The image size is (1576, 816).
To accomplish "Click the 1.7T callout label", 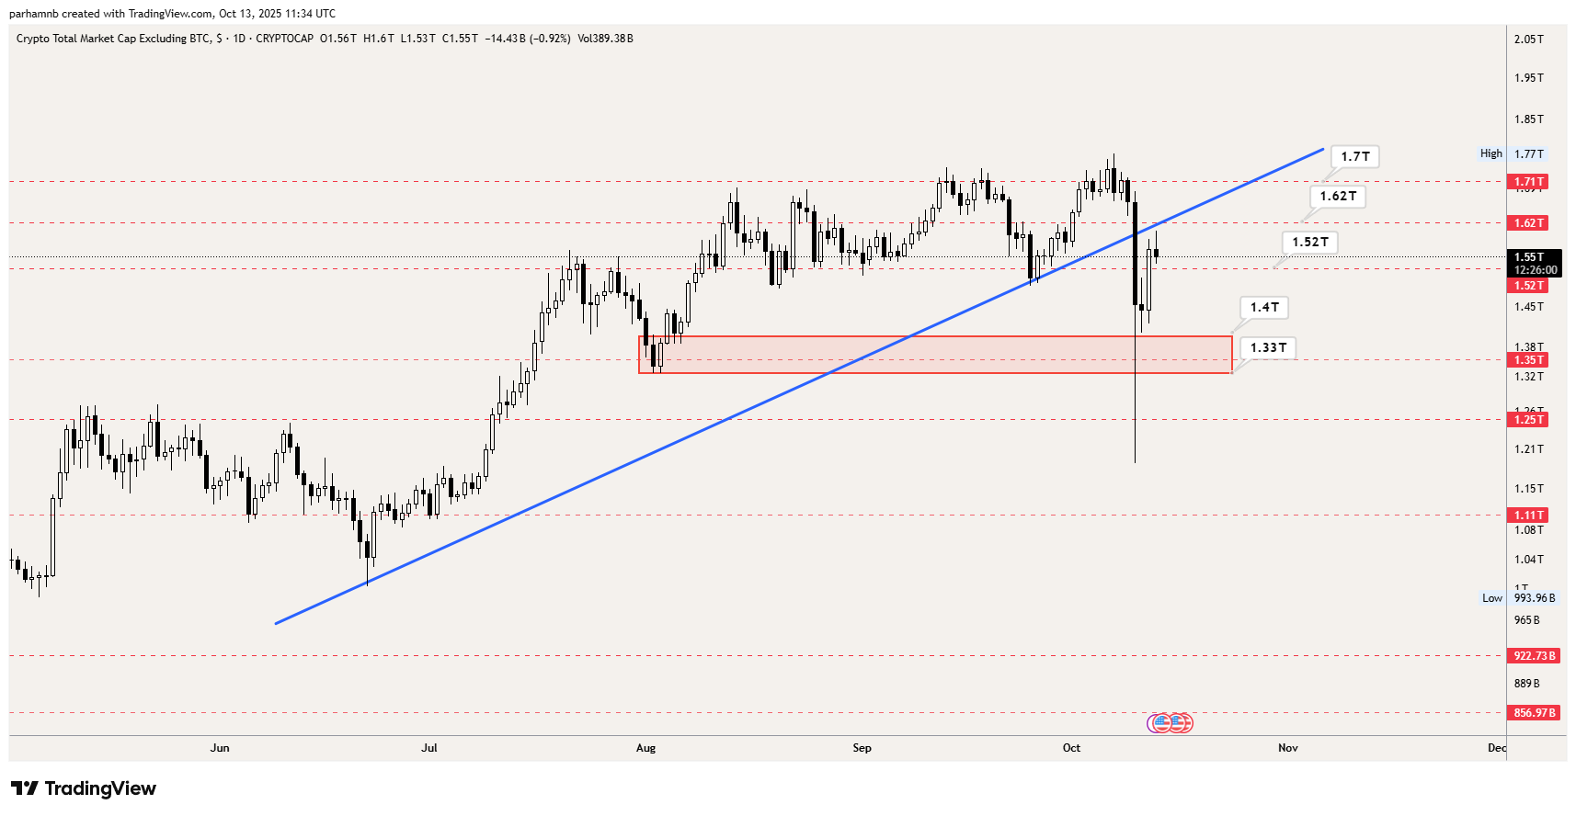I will click(x=1354, y=157).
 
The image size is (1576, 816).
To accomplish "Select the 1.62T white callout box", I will click(x=1338, y=197).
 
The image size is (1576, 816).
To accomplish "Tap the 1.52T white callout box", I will click(x=1310, y=243).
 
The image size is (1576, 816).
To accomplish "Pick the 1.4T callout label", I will click(x=1264, y=308).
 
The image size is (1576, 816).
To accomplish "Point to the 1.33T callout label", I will click(x=1268, y=348).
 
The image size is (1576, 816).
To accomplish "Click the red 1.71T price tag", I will click(x=1529, y=182).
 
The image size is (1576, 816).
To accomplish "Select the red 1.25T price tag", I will click(x=1529, y=420).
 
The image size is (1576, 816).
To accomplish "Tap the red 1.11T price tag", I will click(x=1529, y=516).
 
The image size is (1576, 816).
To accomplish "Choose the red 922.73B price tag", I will click(x=1535, y=656).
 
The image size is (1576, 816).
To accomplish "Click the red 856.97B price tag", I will click(x=1535, y=713).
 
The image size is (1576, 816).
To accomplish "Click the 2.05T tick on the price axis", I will click(x=1528, y=40).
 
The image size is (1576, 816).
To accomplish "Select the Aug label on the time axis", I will click(x=645, y=748).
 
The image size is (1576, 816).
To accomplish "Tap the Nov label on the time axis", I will click(x=1287, y=748).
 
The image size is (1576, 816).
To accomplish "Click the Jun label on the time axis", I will click(x=220, y=748).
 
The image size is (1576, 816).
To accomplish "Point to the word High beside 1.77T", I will click(x=1490, y=154).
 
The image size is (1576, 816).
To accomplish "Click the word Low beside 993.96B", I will click(x=1491, y=598).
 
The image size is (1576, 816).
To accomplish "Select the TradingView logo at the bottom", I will click(x=84, y=788).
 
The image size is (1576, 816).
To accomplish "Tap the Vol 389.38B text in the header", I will click(x=605, y=39).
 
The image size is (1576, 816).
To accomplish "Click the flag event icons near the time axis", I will click(x=1170, y=723).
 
